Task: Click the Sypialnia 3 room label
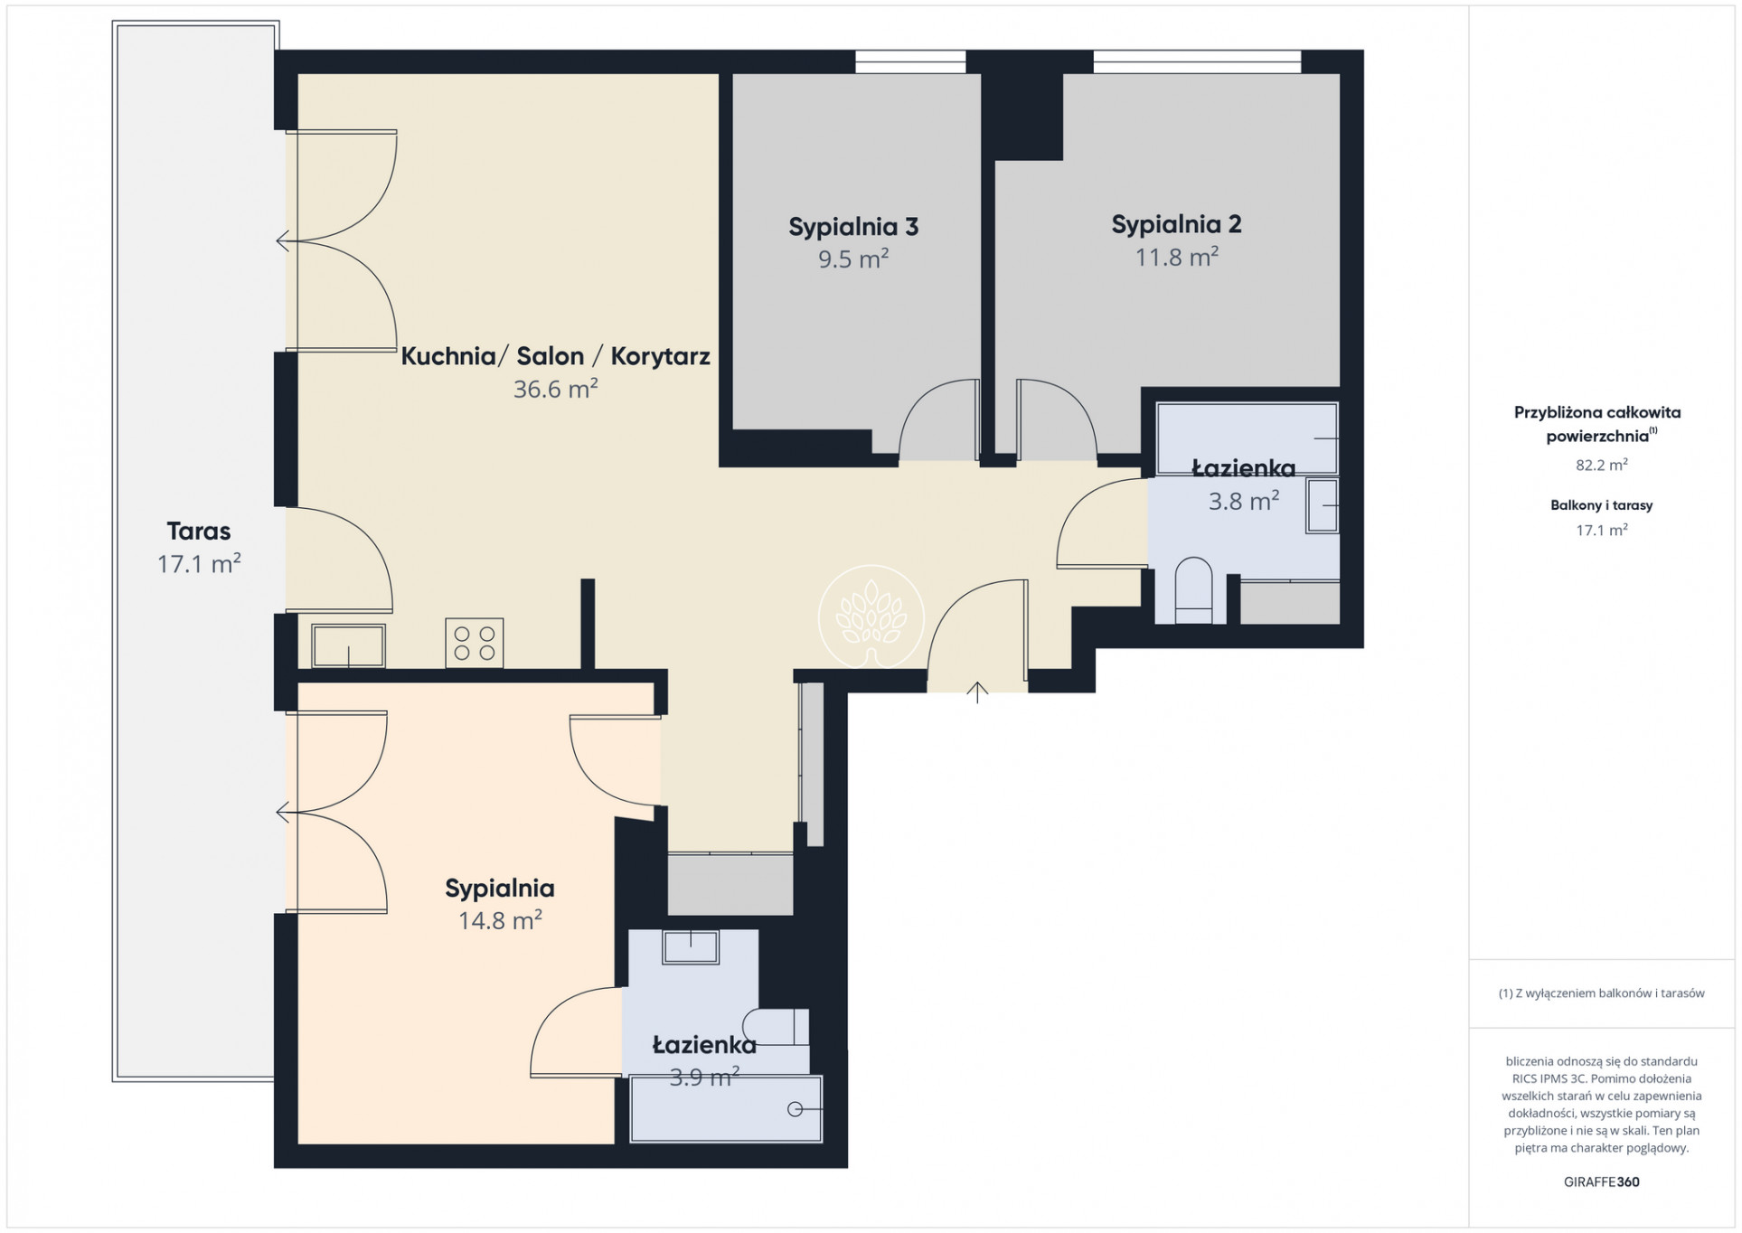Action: tap(853, 227)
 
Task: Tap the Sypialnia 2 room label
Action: tap(1176, 224)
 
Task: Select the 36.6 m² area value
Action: tap(555, 389)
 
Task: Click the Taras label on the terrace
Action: tap(199, 531)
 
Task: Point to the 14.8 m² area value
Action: tap(500, 920)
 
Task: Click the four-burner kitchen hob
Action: tap(474, 643)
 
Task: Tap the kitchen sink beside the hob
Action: tap(348, 645)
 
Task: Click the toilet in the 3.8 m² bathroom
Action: tap(1192, 590)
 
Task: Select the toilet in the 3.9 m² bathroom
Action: tap(776, 1026)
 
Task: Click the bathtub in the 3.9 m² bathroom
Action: tap(727, 1108)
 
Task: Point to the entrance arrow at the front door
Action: tap(977, 692)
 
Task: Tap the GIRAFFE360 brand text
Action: tap(1601, 1181)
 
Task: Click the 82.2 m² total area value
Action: tap(1601, 465)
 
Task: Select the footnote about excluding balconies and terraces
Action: tap(1601, 993)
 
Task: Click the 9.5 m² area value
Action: tap(853, 259)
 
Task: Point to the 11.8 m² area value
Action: tap(1176, 257)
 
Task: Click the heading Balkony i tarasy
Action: tap(1601, 505)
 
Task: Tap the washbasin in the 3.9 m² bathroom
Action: tap(691, 947)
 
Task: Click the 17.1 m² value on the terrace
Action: tap(199, 564)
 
